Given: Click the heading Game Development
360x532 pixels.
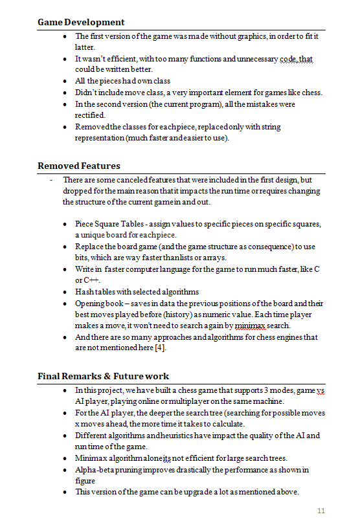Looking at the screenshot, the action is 81,23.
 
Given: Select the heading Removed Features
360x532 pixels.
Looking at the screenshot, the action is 78,166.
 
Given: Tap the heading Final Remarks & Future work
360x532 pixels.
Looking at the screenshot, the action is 103,376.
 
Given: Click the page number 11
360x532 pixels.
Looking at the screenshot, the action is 321,511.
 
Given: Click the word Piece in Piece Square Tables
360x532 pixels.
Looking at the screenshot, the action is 85,224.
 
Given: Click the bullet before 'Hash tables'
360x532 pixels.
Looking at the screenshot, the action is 66,292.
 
